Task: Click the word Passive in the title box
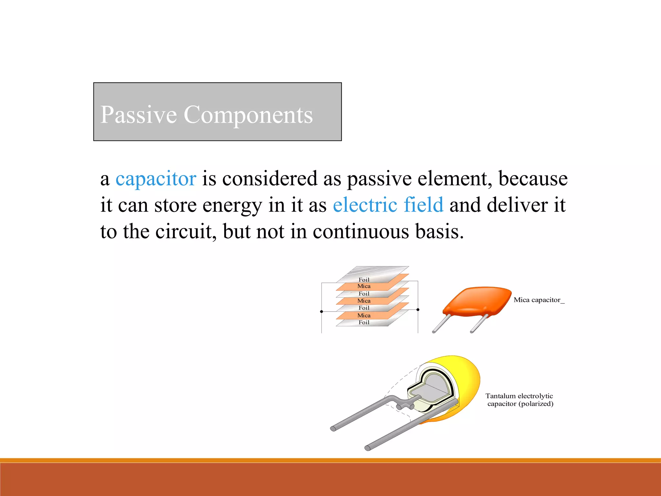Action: pyautogui.click(x=139, y=115)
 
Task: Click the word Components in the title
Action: pyautogui.click(x=248, y=115)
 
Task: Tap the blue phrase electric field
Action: pyautogui.click(x=388, y=205)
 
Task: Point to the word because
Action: pyautogui.click(x=533, y=179)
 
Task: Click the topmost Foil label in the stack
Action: pyautogui.click(x=364, y=280)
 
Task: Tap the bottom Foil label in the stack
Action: pyautogui.click(x=364, y=322)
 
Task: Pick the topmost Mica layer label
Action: pyautogui.click(x=364, y=286)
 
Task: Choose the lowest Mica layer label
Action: pyautogui.click(x=364, y=315)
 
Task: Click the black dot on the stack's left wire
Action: pyautogui.click(x=321, y=312)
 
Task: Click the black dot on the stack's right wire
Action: pyautogui.click(x=418, y=310)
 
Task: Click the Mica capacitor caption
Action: pyautogui.click(x=538, y=300)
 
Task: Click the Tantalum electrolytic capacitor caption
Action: pyautogui.click(x=520, y=400)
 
